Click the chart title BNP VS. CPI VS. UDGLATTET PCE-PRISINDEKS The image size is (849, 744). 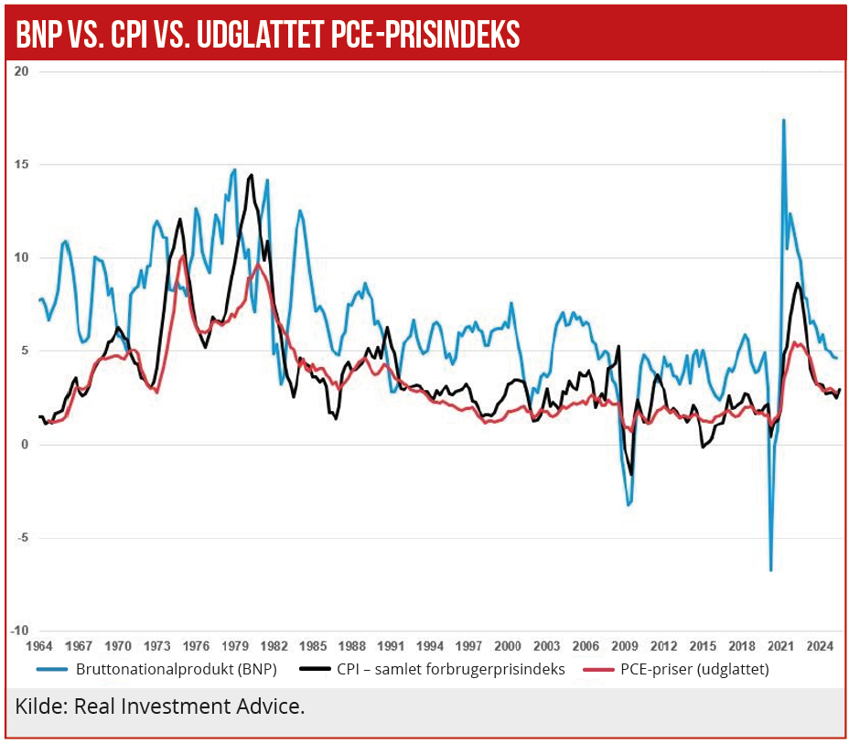coord(267,34)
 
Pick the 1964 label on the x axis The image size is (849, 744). coord(38,645)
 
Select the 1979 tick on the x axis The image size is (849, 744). coord(237,645)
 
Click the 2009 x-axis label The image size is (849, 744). coord(625,645)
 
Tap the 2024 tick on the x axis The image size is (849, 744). coord(821,645)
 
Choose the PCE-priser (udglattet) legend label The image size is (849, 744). coord(692,669)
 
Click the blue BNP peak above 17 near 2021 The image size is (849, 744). coord(783,120)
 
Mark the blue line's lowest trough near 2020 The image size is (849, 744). coord(771,570)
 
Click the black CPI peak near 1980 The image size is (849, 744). coord(252,175)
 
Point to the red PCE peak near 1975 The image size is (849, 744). coord(183,256)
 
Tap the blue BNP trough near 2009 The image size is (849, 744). coord(629,505)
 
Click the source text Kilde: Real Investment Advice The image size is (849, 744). coord(160,706)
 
